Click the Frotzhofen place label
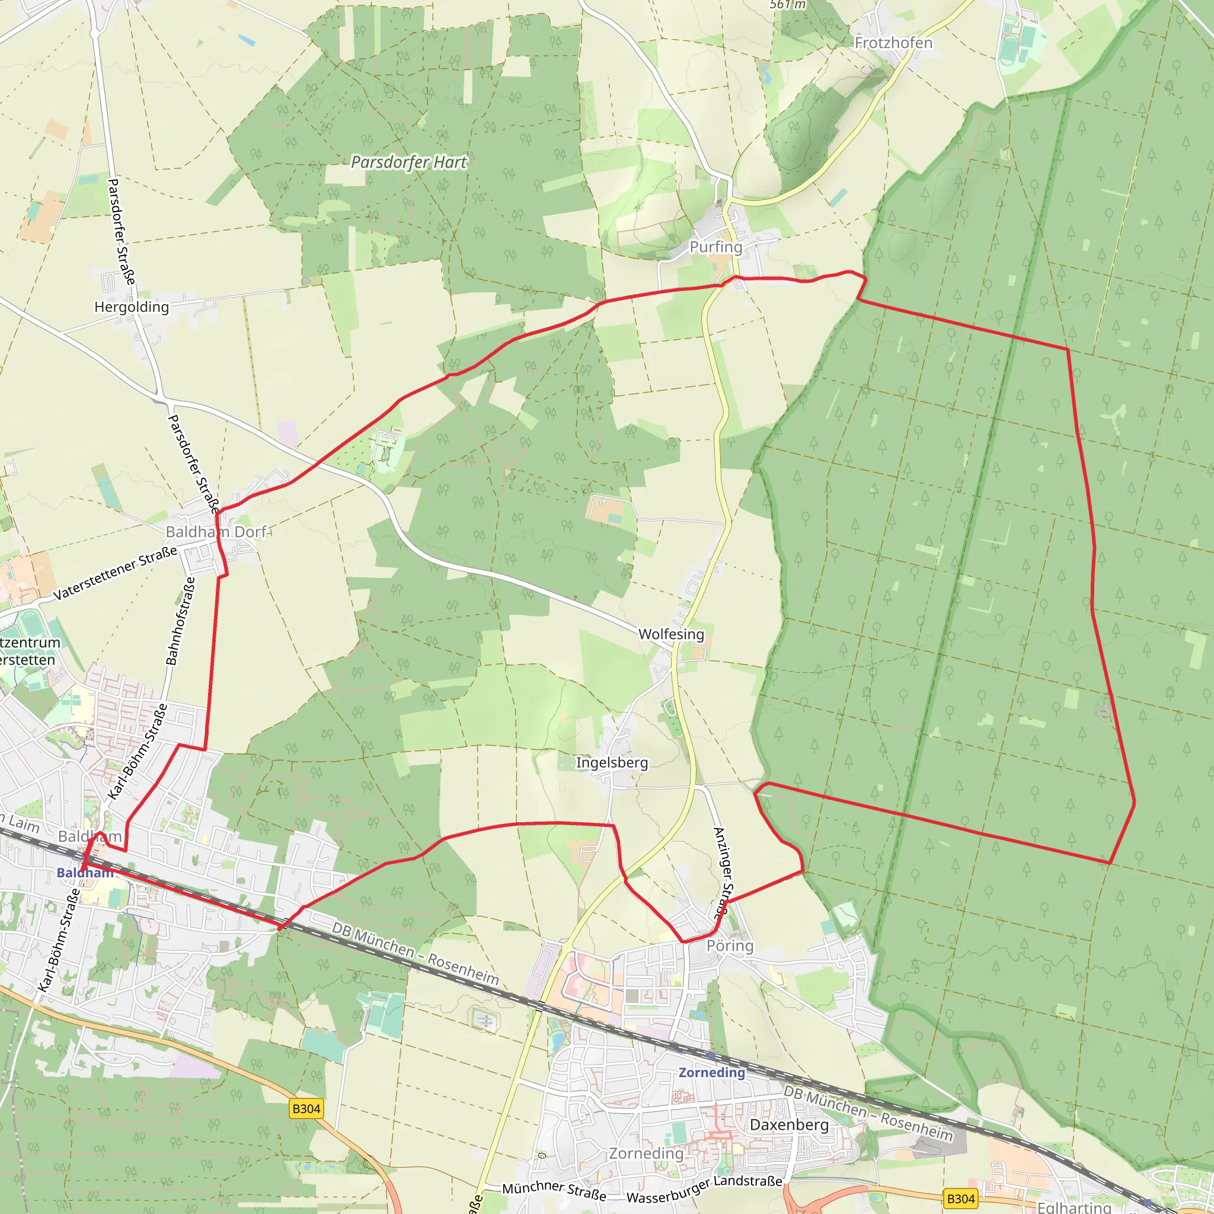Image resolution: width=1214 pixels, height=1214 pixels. click(893, 43)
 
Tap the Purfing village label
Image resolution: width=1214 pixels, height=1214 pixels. click(715, 247)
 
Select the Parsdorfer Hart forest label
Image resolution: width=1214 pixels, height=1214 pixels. click(408, 162)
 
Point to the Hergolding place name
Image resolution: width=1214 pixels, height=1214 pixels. click(132, 306)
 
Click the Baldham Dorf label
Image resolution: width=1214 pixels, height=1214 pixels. click(216, 532)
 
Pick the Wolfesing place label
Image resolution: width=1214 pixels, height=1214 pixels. click(671, 634)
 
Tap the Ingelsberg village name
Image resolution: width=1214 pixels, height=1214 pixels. click(611, 762)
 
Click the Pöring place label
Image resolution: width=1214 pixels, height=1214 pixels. click(730, 945)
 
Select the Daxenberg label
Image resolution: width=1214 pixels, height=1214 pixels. click(789, 1124)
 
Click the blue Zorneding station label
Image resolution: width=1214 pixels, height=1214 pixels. click(711, 1072)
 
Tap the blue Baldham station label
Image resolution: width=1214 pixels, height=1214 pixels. click(85, 873)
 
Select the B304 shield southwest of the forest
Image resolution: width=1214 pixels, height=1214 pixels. click(306, 1108)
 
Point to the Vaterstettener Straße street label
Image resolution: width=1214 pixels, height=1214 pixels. click(115, 574)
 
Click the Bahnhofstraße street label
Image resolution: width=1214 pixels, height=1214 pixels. click(180, 621)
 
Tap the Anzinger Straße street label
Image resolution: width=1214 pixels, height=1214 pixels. click(723, 873)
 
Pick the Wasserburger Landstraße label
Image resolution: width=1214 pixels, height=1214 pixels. click(704, 1189)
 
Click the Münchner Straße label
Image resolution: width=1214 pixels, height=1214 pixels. click(554, 1190)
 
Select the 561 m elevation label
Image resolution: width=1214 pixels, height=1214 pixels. click(787, 4)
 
